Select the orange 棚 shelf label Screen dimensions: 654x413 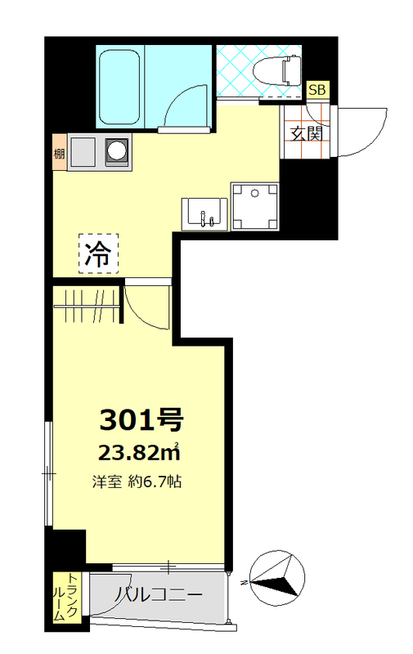(59, 153)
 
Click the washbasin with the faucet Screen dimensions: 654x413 (202, 214)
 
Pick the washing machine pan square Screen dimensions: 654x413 (254, 205)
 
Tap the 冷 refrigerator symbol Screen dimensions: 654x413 (98, 254)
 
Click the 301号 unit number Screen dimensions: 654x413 (140, 420)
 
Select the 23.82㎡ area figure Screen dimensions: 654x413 (140, 452)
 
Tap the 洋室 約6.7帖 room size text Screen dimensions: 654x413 (137, 482)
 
